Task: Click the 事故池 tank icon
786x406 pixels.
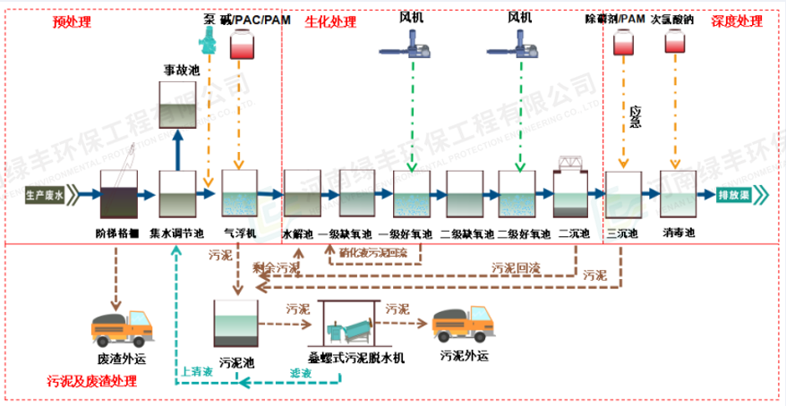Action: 178,106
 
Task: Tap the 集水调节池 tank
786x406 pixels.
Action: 178,192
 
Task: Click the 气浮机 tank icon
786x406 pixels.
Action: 239,192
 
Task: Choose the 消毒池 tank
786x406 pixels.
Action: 678,192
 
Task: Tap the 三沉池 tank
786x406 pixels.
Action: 622,192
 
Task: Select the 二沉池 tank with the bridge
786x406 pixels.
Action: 571,188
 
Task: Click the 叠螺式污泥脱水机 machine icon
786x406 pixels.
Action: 355,324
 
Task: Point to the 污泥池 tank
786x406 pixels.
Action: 237,323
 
